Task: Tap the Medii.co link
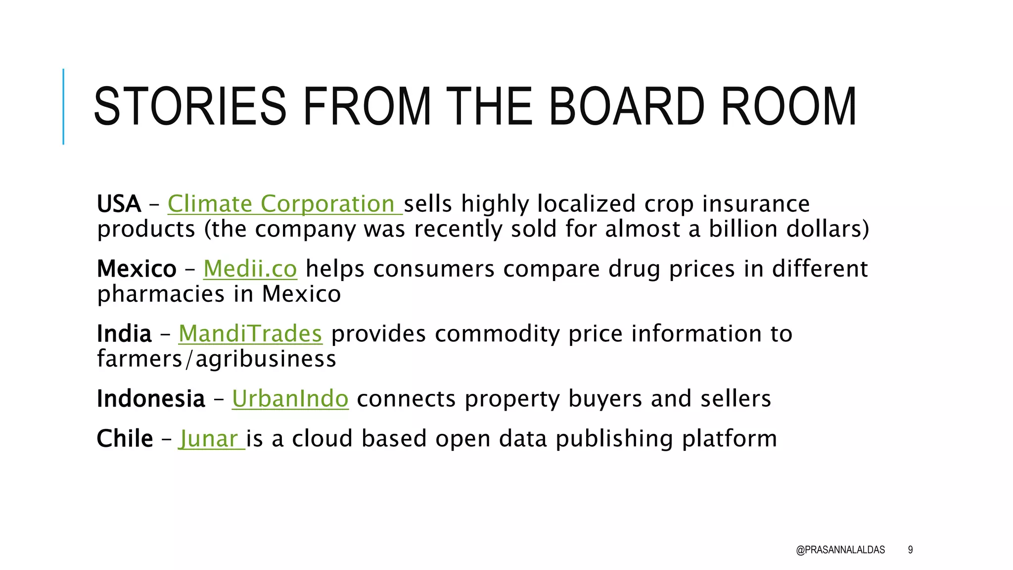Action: click(250, 269)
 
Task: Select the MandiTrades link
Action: click(250, 333)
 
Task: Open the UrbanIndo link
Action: click(290, 398)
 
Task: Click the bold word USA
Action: click(119, 204)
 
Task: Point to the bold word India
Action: click(124, 333)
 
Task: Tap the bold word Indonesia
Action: click(151, 398)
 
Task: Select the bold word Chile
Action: click(125, 439)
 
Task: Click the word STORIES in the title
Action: click(190, 106)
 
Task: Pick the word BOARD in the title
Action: click(626, 106)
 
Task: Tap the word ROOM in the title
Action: click(788, 106)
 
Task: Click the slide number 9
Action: click(910, 550)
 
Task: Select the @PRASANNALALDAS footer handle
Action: click(840, 550)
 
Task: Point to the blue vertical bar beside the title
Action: click(63, 106)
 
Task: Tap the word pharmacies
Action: click(161, 294)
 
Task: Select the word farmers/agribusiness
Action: click(217, 359)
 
